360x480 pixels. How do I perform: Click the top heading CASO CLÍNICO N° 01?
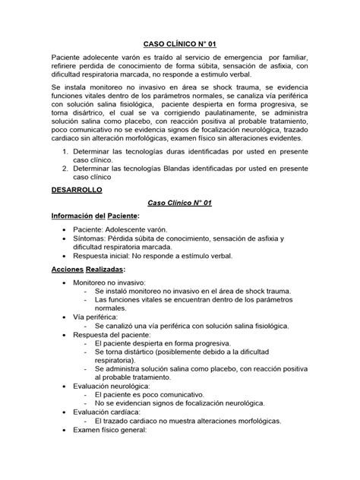[179, 44]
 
